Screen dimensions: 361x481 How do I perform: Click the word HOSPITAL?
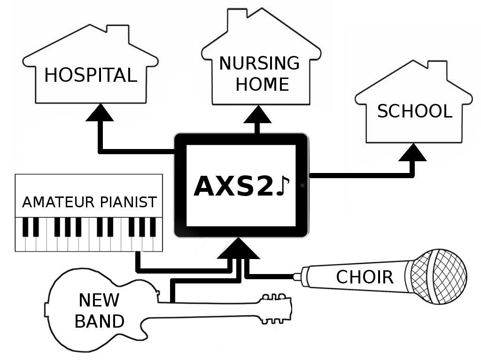pyautogui.click(x=90, y=75)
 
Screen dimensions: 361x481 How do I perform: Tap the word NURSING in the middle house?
pyautogui.click(x=259, y=63)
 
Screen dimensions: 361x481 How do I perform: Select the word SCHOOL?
pyautogui.click(x=414, y=111)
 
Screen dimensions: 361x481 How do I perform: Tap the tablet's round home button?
pyautogui.click(x=303, y=186)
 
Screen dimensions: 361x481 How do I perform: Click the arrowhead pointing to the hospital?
pyautogui.click(x=100, y=113)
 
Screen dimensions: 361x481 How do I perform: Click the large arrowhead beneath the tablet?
pyautogui.click(x=238, y=249)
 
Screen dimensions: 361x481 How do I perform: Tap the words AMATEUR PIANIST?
pyautogui.click(x=89, y=202)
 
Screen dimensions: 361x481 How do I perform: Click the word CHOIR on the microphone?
pyautogui.click(x=365, y=277)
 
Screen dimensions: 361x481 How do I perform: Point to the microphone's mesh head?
pyautogui.click(x=439, y=276)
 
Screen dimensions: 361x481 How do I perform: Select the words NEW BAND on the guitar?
pyautogui.click(x=99, y=311)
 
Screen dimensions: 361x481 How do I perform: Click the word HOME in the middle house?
pyautogui.click(x=262, y=85)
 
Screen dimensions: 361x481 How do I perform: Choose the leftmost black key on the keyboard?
pyautogui.click(x=25, y=227)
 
